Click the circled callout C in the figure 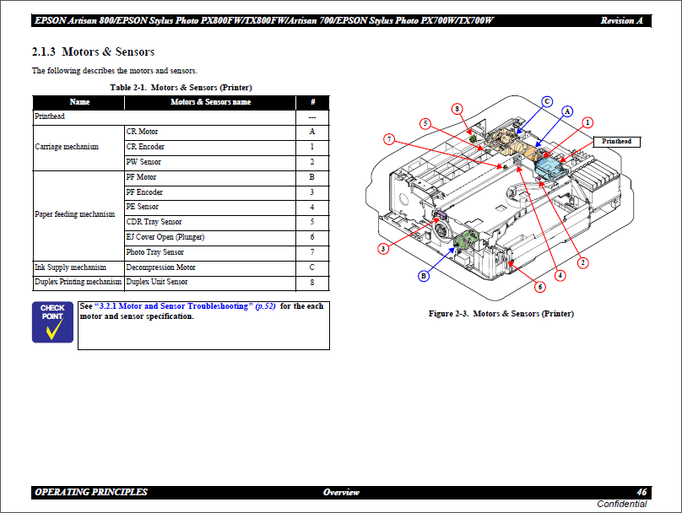point(547,101)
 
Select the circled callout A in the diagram point(567,111)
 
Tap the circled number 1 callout point(587,122)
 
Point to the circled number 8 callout point(457,109)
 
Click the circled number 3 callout point(383,249)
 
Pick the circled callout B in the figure point(424,276)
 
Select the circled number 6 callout point(540,287)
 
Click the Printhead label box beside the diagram point(617,141)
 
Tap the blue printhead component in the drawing point(550,167)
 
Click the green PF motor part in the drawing point(466,240)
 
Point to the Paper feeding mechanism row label point(75,214)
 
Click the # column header point(313,102)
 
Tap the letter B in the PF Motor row point(311,177)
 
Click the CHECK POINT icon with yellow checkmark point(52,322)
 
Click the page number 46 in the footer point(641,492)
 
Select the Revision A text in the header point(621,20)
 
